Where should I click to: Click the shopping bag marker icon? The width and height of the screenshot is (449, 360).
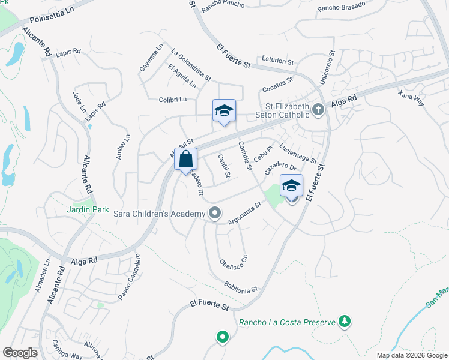click(186, 159)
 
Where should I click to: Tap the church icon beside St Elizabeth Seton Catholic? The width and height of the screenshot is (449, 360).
click(318, 109)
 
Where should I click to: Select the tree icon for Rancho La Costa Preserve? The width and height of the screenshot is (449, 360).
click(345, 322)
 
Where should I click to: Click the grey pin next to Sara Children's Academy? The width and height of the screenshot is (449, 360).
click(215, 213)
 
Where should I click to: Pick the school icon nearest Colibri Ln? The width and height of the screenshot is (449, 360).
click(224, 111)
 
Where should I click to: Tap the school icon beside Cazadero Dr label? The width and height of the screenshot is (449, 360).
click(291, 186)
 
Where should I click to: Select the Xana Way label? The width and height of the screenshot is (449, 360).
click(411, 98)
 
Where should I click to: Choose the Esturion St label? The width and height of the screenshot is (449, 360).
click(277, 61)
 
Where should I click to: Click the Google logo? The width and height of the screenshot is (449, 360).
click(20, 353)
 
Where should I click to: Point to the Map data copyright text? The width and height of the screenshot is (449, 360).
click(411, 355)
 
